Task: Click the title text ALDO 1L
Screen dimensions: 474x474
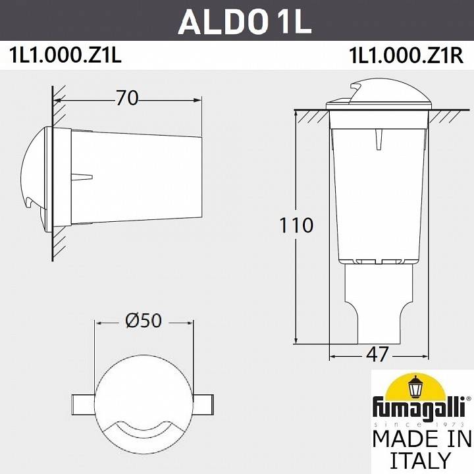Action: (244, 21)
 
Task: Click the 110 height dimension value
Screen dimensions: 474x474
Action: (295, 225)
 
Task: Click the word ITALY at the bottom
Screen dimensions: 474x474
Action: (422, 459)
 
